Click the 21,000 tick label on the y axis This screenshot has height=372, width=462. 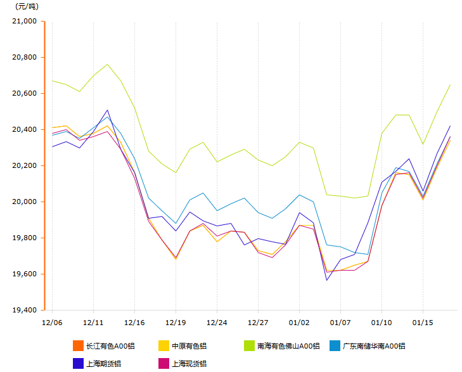[x=25, y=21]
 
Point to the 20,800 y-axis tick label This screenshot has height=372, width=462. [x=25, y=57]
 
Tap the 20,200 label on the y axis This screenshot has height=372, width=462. [x=25, y=165]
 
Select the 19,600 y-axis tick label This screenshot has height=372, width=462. [x=25, y=274]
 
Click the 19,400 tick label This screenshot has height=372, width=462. [x=25, y=310]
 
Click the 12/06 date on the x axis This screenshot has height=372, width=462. [x=51, y=322]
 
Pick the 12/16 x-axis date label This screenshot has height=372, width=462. [x=134, y=322]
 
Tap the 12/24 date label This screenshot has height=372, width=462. [x=217, y=322]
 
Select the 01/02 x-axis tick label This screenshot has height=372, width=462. [x=299, y=322]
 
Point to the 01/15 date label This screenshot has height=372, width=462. [x=423, y=322]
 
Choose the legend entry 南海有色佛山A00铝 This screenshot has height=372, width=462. [x=288, y=346]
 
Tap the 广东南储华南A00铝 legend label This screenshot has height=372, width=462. [x=374, y=346]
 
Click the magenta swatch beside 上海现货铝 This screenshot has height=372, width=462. [x=163, y=363]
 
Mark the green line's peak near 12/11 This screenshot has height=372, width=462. [x=107, y=64]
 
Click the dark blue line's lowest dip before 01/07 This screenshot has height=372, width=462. [x=327, y=280]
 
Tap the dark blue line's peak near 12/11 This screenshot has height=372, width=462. [x=107, y=110]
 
